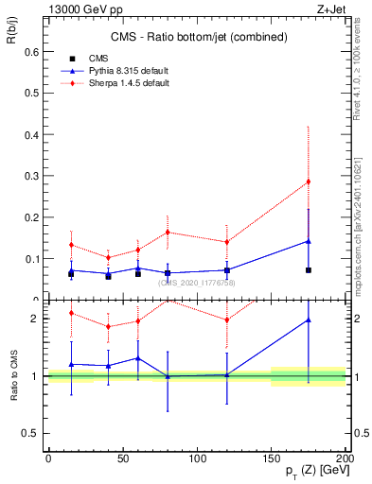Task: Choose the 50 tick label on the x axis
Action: [123, 458]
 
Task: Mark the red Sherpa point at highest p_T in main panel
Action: [308, 181]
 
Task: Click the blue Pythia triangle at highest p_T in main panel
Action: [308, 241]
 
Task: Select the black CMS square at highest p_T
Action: [308, 270]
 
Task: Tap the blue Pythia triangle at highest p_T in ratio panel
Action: [308, 320]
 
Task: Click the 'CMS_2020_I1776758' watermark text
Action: [197, 283]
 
